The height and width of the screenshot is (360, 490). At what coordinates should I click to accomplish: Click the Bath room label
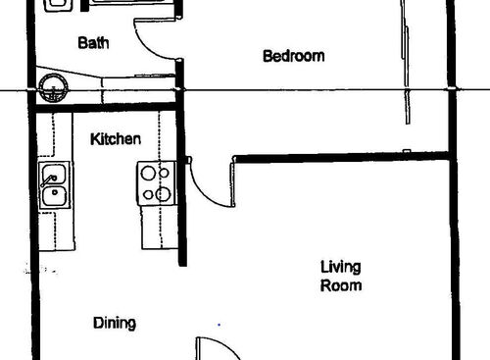point(93,43)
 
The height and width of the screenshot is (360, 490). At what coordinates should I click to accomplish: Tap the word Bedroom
point(293,57)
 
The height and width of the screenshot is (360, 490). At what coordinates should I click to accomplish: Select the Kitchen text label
point(116,139)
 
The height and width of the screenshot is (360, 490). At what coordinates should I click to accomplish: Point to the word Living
point(340,267)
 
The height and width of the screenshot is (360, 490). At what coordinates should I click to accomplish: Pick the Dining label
point(114,323)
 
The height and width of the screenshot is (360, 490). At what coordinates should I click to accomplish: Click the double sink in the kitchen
point(54,186)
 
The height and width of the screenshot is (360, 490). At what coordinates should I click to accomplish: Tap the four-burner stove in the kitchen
point(156,183)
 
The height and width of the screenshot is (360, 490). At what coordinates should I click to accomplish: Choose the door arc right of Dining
point(214,347)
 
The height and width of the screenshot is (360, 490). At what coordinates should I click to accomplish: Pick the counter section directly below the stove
point(157,226)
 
